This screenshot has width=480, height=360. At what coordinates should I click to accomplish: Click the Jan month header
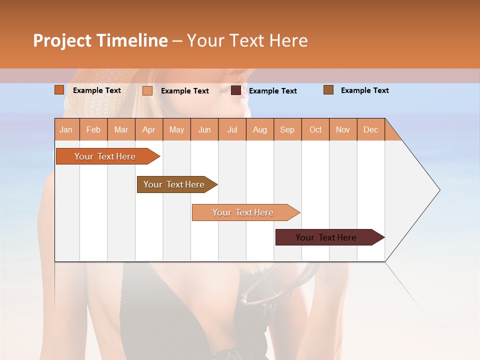[x=66, y=129]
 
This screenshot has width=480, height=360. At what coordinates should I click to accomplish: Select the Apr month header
[x=149, y=129]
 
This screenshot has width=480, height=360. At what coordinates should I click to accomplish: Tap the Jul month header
[x=232, y=129]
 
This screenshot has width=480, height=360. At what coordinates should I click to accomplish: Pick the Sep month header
[x=287, y=129]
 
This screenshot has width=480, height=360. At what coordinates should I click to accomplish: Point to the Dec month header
[x=370, y=129]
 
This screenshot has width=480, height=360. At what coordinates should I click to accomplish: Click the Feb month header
[x=93, y=129]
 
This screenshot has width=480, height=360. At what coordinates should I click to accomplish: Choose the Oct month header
[x=315, y=129]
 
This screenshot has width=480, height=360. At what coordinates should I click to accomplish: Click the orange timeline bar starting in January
[x=105, y=156]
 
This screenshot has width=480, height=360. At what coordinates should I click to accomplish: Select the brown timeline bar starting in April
[x=174, y=184]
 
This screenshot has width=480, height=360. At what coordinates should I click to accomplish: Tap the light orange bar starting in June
[x=243, y=212]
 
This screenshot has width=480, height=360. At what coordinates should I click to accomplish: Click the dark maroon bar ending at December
[x=326, y=237]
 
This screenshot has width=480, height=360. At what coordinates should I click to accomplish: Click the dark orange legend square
[x=59, y=90]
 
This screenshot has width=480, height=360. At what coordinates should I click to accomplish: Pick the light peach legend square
[x=147, y=90]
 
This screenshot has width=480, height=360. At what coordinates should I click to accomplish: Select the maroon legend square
[x=236, y=90]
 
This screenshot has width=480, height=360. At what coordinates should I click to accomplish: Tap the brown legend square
[x=328, y=90]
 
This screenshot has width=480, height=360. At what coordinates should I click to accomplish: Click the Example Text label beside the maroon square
[x=273, y=90]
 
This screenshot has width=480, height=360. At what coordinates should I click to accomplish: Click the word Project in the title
[x=62, y=40]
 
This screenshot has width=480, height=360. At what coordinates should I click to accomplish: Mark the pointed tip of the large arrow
[x=439, y=190]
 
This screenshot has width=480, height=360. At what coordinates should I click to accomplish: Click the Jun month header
[x=204, y=129]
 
